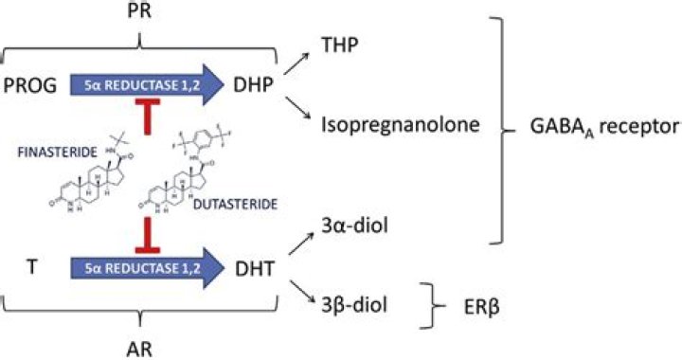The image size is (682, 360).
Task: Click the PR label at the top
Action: pyautogui.click(x=139, y=9)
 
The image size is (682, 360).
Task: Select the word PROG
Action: pyautogui.click(x=30, y=85)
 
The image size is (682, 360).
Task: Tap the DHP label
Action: pyautogui.click(x=254, y=85)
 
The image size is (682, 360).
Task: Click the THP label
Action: pyautogui.click(x=340, y=45)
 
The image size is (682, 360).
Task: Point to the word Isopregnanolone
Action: pyautogui.click(x=401, y=125)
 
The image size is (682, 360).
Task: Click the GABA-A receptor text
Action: pyautogui.click(x=605, y=127)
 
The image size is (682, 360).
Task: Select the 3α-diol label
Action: pyautogui.click(x=354, y=226)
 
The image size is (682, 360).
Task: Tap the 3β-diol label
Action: pyautogui.click(x=354, y=305)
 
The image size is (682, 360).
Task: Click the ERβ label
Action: pyautogui.click(x=480, y=307)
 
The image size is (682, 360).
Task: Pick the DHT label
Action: pyautogui.click(x=255, y=269)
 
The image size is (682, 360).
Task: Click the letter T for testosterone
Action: pyautogui.click(x=32, y=266)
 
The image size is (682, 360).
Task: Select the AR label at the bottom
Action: pyautogui.click(x=139, y=349)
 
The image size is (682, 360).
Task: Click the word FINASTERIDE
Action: pyautogui.click(x=58, y=153)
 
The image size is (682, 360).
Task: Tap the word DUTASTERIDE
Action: pyautogui.click(x=235, y=205)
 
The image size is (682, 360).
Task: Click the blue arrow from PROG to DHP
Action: pyautogui.click(x=147, y=84)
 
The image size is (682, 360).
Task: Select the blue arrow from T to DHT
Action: pyautogui.click(x=147, y=268)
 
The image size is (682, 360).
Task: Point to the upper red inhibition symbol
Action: pyautogui.click(x=148, y=117)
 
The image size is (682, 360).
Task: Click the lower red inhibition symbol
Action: pyautogui.click(x=148, y=235)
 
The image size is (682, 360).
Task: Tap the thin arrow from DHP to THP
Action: pyautogui.click(x=296, y=63)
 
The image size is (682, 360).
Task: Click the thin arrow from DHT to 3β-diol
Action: pyautogui.click(x=301, y=292)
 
